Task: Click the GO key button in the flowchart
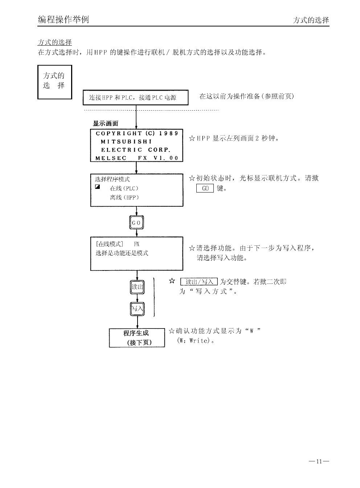pos(136,222)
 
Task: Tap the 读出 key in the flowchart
pos(137,287)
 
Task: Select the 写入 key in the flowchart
pos(137,309)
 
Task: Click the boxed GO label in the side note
pos(205,188)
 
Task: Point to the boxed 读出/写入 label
pos(199,282)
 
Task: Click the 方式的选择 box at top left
pos(54,82)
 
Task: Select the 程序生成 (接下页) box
pos(137,338)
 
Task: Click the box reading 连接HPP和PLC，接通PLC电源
pos(136,98)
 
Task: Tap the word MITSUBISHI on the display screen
pos(126,141)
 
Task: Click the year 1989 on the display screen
pos(169,133)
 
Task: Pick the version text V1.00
pos(166,158)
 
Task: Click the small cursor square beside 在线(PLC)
pos(97,187)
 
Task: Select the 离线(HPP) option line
pos(124,198)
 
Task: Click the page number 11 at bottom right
pos(319,461)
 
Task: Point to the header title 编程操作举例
pos(63,20)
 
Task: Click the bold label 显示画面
pos(105,123)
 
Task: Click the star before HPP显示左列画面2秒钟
pos(192,138)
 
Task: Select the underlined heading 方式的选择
pos(55,42)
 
